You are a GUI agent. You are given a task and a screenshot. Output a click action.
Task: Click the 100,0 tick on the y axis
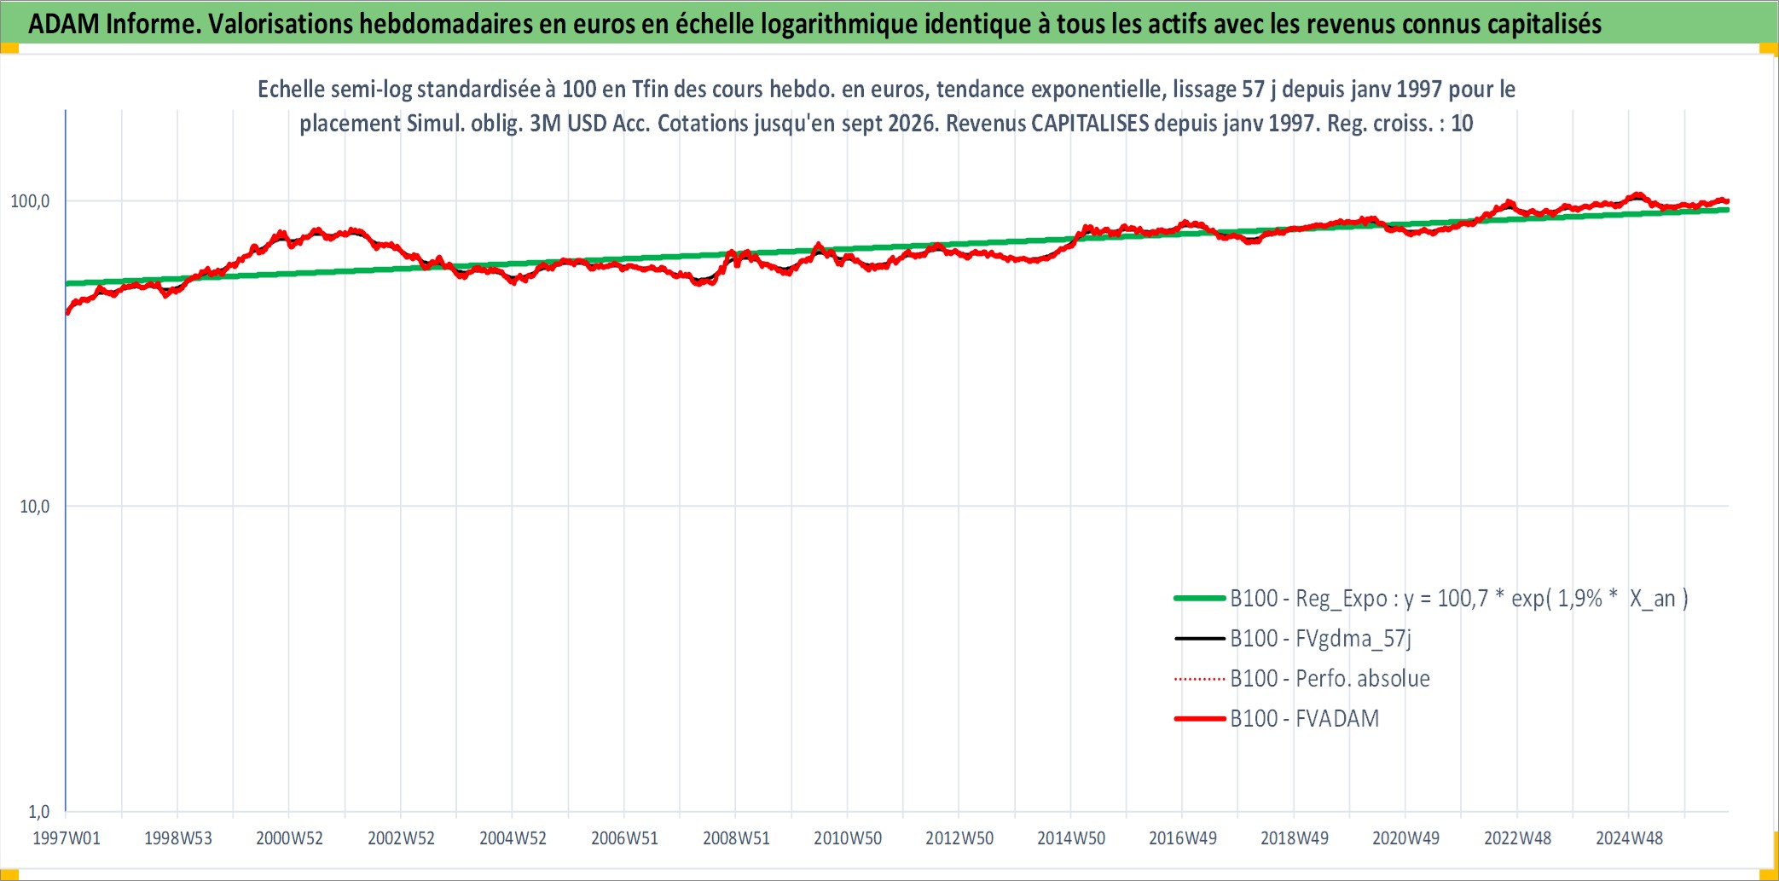click(x=30, y=201)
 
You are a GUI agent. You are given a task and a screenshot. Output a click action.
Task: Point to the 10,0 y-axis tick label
click(x=35, y=507)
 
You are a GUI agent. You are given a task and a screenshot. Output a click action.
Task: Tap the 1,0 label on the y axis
click(x=39, y=812)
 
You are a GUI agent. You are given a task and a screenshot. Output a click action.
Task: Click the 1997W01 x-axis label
click(x=67, y=838)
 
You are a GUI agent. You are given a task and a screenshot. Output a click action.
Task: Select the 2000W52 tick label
click(x=290, y=838)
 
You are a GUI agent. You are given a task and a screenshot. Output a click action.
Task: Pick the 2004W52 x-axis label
click(x=513, y=838)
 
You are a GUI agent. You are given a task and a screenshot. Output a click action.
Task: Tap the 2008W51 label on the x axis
click(x=736, y=838)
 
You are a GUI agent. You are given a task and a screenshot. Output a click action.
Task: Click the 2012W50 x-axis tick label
click(x=959, y=838)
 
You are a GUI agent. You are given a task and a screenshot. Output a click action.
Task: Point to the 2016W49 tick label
click(x=1183, y=838)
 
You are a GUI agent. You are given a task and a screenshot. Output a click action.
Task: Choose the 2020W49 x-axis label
click(x=1405, y=838)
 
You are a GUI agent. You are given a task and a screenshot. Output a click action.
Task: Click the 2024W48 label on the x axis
click(x=1629, y=838)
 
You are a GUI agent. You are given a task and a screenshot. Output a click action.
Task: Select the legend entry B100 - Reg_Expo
click(x=1431, y=599)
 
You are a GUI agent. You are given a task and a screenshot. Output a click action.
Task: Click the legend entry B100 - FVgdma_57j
click(x=1293, y=639)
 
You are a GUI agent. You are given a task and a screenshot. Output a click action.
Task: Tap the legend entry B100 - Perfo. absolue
click(x=1302, y=679)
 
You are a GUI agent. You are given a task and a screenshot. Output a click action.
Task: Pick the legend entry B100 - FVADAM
click(x=1277, y=719)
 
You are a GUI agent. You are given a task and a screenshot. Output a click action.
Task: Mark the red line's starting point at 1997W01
click(x=67, y=313)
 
